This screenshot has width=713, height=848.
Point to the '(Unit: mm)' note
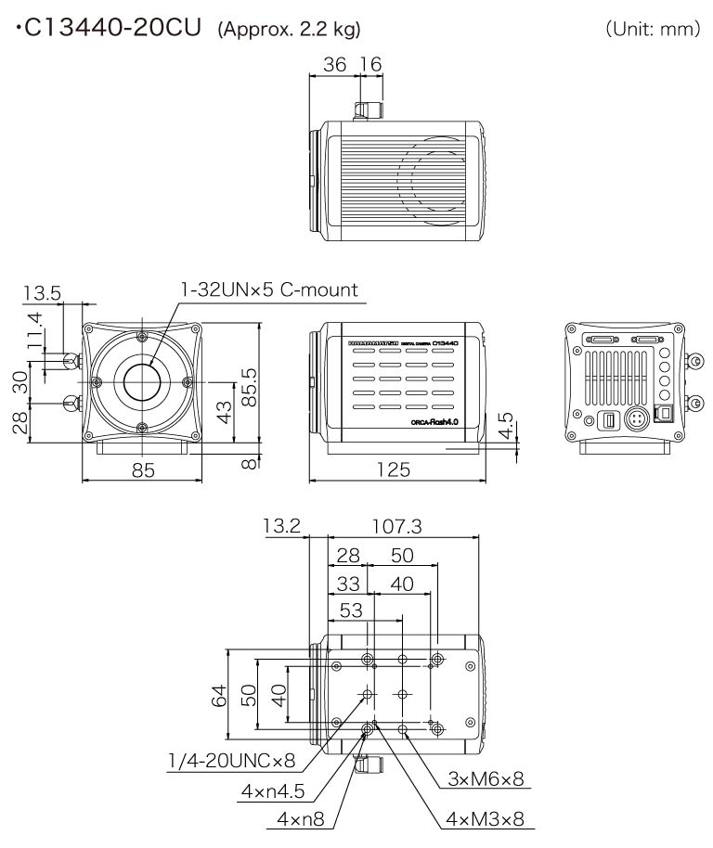653,30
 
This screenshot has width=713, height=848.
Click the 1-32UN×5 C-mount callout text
270,290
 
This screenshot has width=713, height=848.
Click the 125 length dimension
394,469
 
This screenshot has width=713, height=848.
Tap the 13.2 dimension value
281,527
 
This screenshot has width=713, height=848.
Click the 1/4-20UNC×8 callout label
231,761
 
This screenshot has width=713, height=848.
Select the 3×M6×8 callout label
486,779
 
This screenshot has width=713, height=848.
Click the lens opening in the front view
142,380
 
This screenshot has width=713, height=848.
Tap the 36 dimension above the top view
334,64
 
